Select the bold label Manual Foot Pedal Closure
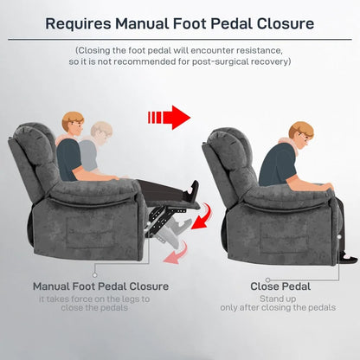(100, 286)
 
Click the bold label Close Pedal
(275, 286)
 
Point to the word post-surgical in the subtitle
(223, 61)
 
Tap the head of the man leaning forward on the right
(299, 137)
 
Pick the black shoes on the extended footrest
(192, 191)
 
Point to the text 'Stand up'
(275, 299)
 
